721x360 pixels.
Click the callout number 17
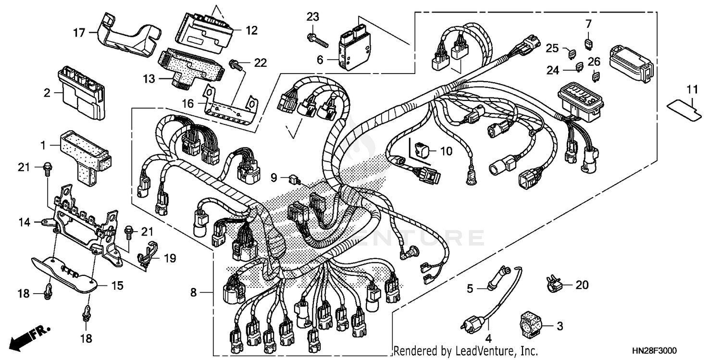click(79, 33)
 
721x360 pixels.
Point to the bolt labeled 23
click(318, 40)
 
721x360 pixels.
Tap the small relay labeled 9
click(294, 179)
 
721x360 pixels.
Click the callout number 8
click(193, 292)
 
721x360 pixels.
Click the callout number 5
click(470, 288)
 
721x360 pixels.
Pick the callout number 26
click(594, 62)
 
